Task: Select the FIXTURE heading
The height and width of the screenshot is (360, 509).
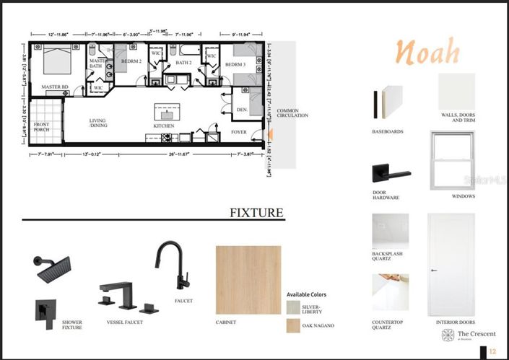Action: coord(256,213)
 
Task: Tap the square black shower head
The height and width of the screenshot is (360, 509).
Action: coord(51,269)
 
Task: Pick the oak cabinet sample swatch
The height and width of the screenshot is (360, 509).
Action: coord(248,279)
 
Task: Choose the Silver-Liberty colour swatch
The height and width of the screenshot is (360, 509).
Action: coord(292,308)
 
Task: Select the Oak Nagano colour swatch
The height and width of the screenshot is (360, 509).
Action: coord(292,326)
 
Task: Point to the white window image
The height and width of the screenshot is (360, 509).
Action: coord(452,159)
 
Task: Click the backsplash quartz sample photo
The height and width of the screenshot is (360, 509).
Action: coord(390,231)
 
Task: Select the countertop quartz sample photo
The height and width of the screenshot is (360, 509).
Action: coord(390,291)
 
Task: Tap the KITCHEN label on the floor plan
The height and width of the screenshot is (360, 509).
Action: coord(164,126)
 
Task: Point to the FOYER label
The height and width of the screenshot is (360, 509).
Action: coord(239,132)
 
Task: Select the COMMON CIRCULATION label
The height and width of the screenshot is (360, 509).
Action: coord(292,113)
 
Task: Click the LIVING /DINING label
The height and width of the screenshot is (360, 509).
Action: coord(97,123)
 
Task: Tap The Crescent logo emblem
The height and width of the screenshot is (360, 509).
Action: coord(448,335)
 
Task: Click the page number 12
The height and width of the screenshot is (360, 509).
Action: coord(492,351)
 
